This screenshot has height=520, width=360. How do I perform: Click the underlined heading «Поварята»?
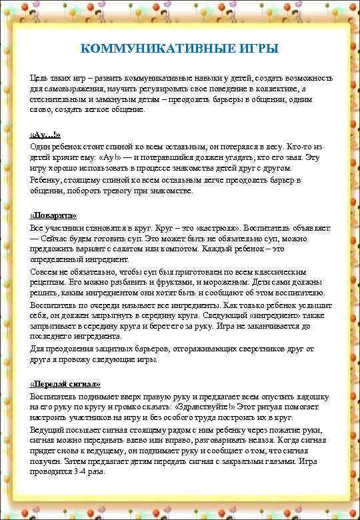[x=54, y=216]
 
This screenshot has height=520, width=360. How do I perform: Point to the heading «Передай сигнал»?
[x=66, y=384]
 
